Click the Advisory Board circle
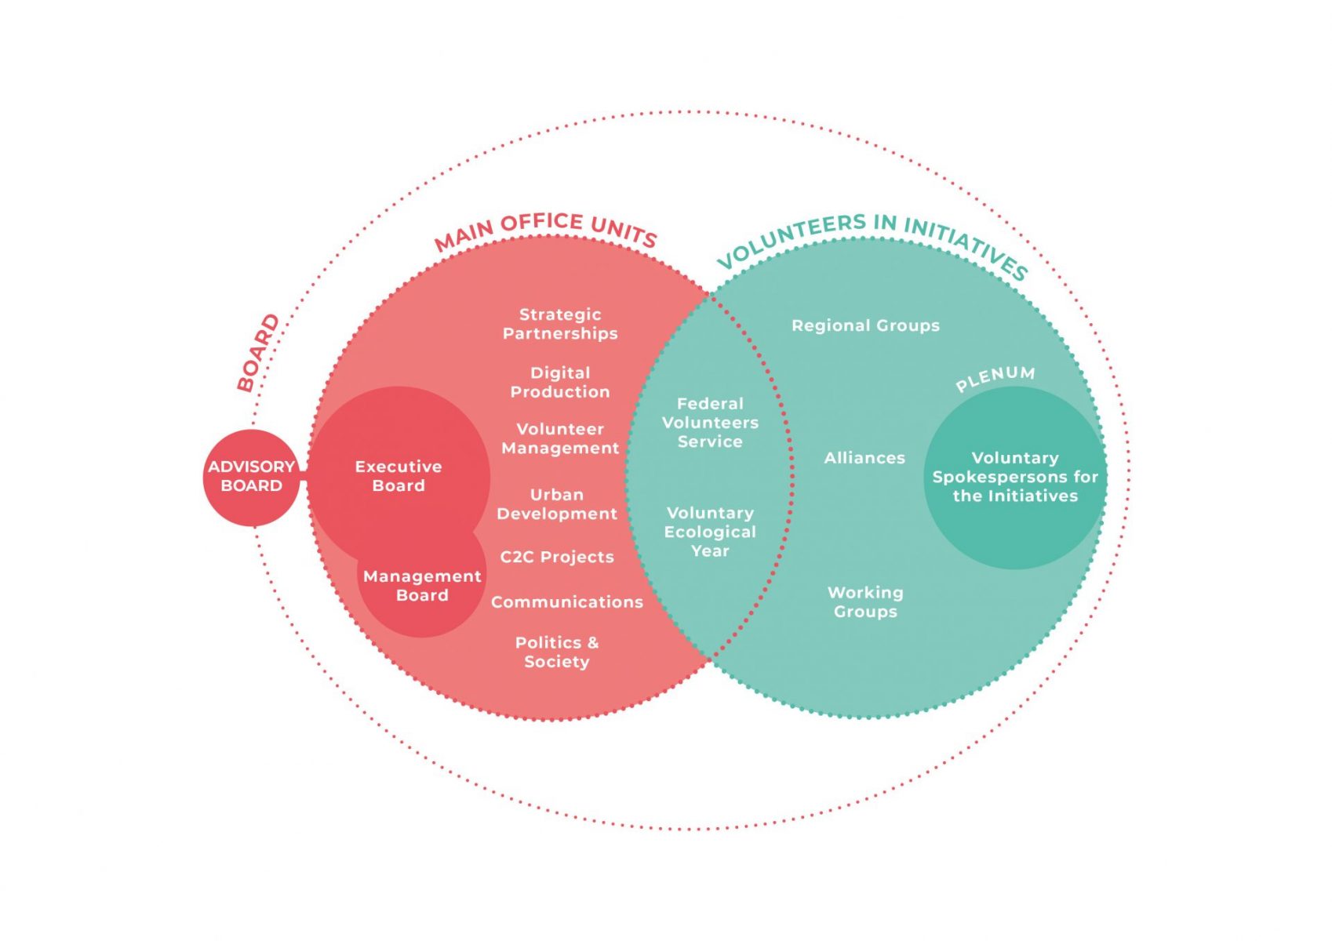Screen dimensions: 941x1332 point(251,477)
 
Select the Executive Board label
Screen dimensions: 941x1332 point(399,476)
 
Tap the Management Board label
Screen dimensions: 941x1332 point(422,586)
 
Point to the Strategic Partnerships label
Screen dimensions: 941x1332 point(560,324)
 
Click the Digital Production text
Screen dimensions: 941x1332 point(560,383)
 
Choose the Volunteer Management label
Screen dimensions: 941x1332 point(560,438)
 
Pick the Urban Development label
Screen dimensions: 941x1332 point(557,504)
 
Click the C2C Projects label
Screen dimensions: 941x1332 point(557,557)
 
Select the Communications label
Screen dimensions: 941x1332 point(566,602)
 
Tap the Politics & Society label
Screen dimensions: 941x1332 point(557,652)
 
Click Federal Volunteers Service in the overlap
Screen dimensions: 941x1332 point(710,423)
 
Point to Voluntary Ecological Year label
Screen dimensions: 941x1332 point(710,532)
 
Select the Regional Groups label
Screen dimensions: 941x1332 point(865,325)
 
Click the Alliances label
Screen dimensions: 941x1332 point(864,458)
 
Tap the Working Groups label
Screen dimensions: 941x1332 point(865,602)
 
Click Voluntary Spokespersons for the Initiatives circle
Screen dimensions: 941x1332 point(1015,477)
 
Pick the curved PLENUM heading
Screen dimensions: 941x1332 point(995,378)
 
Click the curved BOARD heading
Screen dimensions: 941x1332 point(258,353)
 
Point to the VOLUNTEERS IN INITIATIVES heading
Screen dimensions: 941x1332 point(872,238)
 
